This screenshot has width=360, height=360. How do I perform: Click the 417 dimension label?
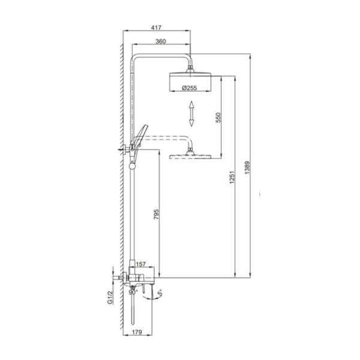(157, 28)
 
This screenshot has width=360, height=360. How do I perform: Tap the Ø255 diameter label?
(190, 88)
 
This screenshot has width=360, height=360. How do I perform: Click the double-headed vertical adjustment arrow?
(191, 113)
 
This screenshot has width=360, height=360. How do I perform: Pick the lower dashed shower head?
(190, 157)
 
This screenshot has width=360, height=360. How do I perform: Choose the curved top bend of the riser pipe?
(137, 59)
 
